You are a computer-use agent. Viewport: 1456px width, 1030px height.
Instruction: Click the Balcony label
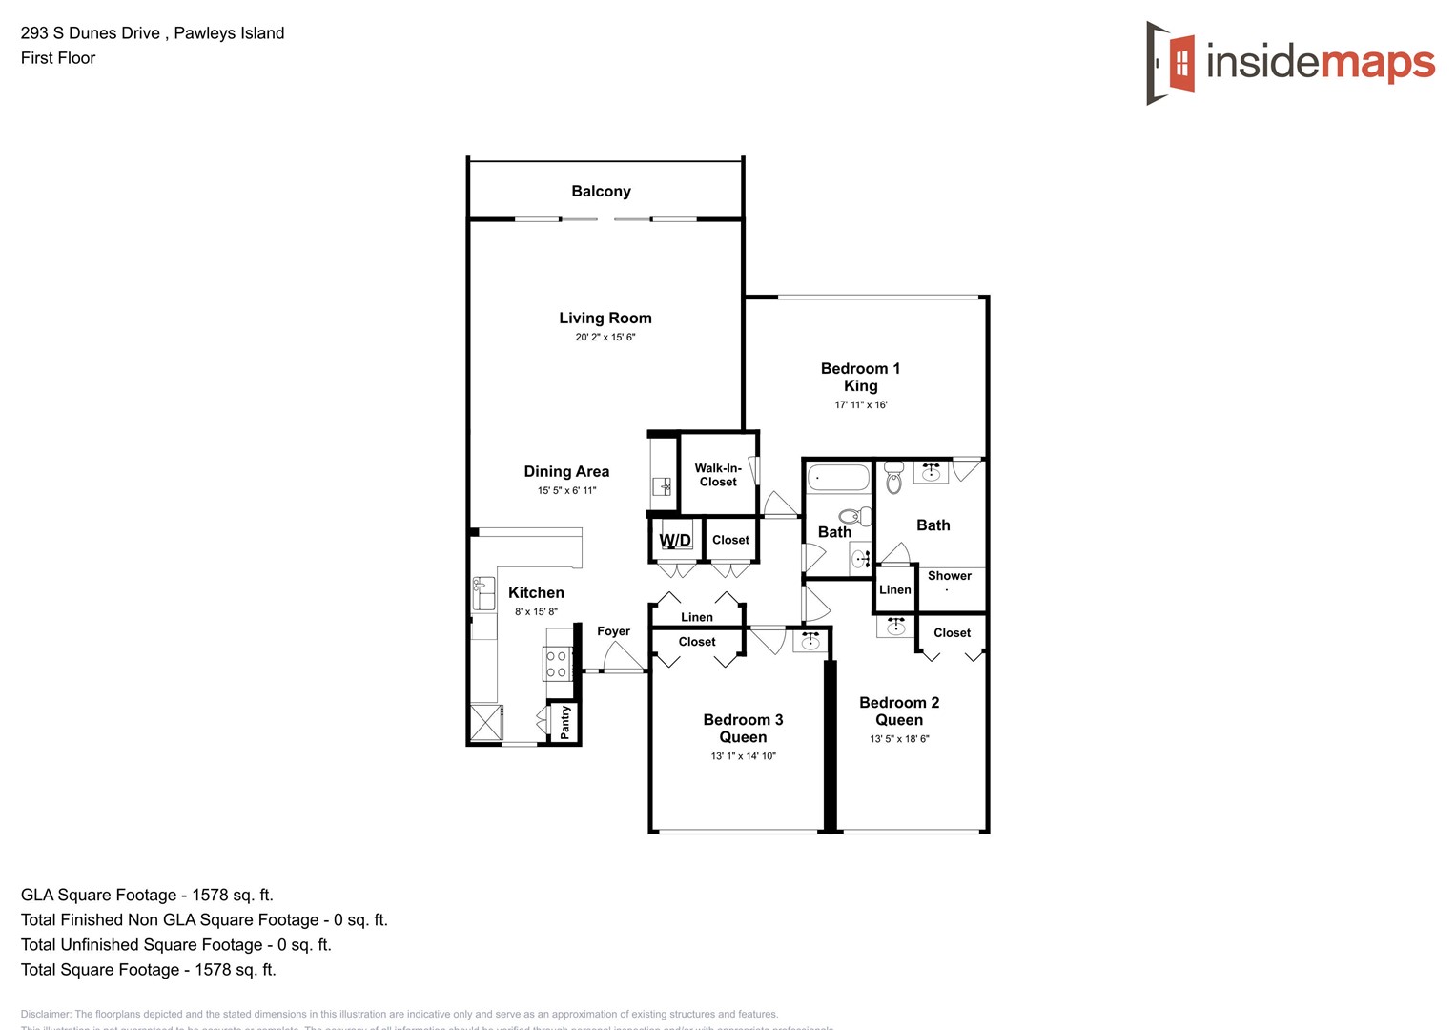(601, 191)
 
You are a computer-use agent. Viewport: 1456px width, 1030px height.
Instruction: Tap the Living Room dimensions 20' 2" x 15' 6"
(605, 337)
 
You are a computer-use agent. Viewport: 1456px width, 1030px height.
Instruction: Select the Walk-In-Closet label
(718, 475)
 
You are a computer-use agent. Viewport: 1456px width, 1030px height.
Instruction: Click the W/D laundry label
(675, 541)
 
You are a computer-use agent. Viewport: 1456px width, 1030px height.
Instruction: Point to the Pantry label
(565, 722)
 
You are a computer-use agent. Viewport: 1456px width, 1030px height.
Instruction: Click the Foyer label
(613, 631)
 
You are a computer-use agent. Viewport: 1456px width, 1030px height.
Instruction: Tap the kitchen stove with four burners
(556, 664)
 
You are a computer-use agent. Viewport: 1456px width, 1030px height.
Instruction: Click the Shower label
(950, 576)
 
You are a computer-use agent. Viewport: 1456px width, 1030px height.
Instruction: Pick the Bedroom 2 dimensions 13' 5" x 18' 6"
(899, 738)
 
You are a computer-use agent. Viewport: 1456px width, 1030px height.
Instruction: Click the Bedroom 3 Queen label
(743, 729)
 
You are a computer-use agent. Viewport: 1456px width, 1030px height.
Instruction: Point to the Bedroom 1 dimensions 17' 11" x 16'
(861, 404)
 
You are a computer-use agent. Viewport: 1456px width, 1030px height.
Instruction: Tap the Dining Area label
(566, 471)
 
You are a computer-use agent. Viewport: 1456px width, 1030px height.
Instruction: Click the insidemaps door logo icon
(1170, 63)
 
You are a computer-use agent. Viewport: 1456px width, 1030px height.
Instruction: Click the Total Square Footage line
(149, 970)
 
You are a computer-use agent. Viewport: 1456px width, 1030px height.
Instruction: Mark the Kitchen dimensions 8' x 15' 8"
(536, 611)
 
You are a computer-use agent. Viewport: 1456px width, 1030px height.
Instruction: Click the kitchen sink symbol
(483, 593)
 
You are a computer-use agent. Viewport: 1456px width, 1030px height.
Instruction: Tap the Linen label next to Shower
(894, 589)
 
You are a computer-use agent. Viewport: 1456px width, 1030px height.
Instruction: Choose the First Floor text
(58, 58)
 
